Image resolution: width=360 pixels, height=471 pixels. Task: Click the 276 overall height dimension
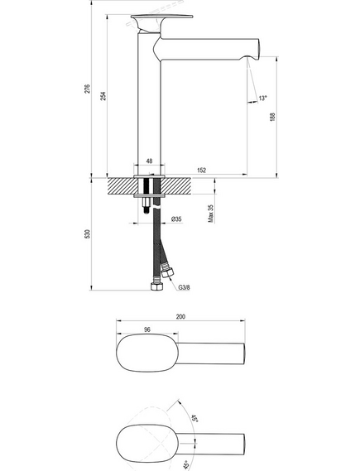(87, 89)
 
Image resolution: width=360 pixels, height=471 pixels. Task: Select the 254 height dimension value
(103, 96)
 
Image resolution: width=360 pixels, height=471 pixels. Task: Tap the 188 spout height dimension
(272, 117)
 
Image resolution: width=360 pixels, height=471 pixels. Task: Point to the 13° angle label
(262, 98)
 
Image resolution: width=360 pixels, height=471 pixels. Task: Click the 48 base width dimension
(149, 161)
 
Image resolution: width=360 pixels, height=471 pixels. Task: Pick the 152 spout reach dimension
(202, 171)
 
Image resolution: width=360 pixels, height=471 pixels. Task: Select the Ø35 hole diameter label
(176, 219)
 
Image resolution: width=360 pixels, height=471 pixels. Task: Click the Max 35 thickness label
(211, 214)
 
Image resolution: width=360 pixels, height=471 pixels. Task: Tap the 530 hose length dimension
(87, 234)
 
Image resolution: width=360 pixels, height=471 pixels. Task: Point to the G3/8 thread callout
(184, 287)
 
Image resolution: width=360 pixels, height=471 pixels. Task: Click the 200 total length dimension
(180, 316)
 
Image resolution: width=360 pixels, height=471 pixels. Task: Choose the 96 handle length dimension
(147, 329)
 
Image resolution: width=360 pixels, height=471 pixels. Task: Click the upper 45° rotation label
(194, 418)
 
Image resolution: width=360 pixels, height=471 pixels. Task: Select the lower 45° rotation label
(185, 464)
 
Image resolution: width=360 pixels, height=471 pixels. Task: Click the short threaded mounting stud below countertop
(146, 205)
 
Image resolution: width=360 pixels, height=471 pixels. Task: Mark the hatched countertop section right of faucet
(175, 186)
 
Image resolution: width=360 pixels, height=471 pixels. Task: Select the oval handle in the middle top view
(147, 353)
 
